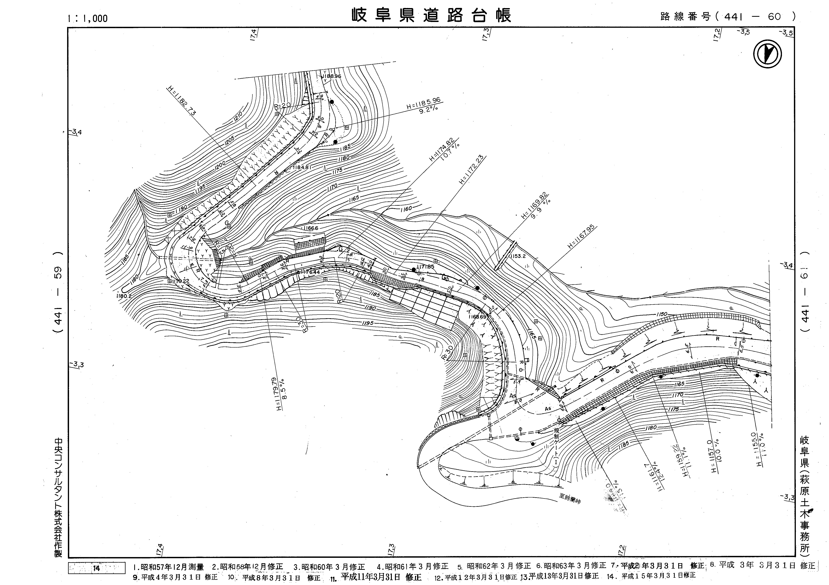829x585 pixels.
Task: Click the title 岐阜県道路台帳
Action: point(432,16)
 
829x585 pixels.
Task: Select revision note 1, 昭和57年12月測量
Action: point(169,567)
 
